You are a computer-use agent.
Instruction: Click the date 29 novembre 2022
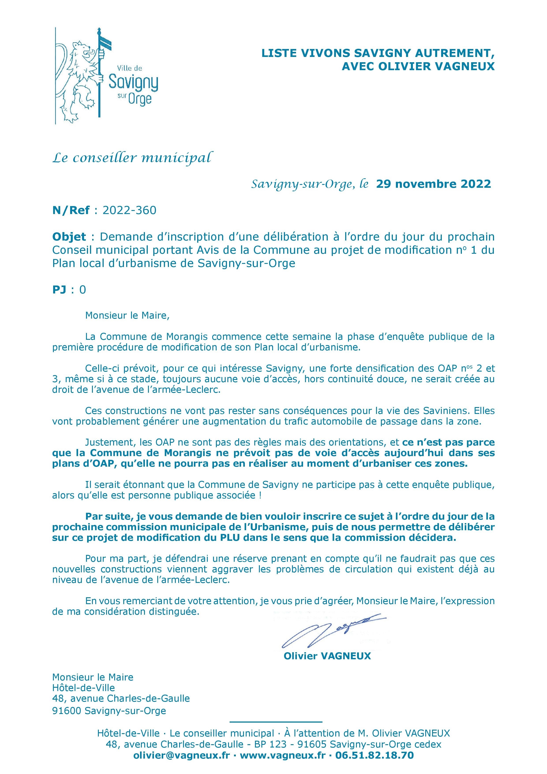(x=433, y=184)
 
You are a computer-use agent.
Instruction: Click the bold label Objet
(x=69, y=237)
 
